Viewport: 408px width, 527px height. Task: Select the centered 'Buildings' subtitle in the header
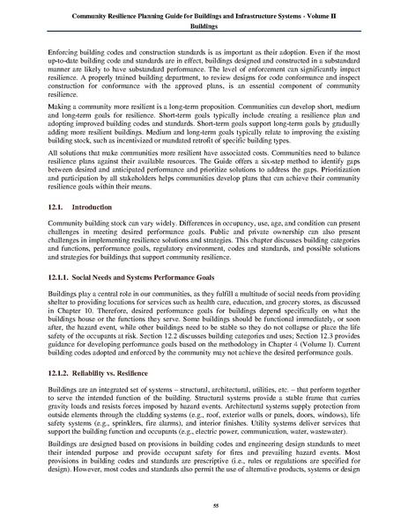tap(204, 27)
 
